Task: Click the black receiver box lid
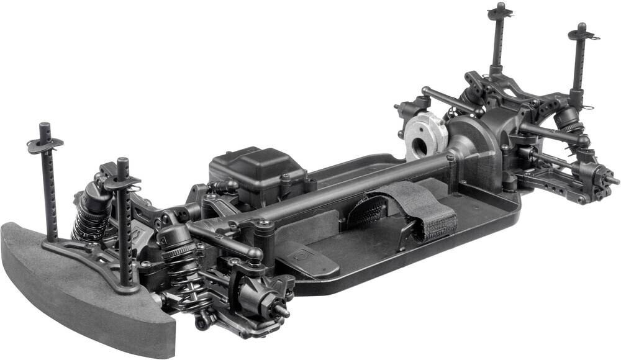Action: pyautogui.click(x=258, y=164)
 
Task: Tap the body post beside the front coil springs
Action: pyautogui.click(x=125, y=223)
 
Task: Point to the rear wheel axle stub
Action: pyautogui.click(x=611, y=180)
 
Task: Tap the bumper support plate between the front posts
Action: pyautogui.click(x=81, y=251)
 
